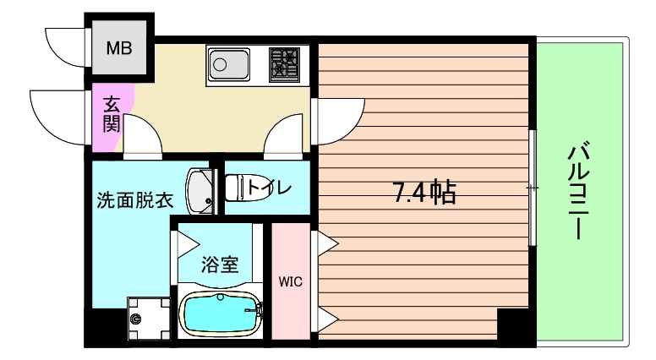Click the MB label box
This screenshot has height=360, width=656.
coord(119,48)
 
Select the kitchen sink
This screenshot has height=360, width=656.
coord(229,63)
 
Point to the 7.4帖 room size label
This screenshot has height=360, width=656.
coord(424,194)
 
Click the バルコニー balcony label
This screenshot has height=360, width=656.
coord(578,192)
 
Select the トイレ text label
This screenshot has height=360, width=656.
coord(271,186)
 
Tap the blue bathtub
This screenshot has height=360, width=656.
coord(219,314)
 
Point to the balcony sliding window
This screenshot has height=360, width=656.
coord(532,187)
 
